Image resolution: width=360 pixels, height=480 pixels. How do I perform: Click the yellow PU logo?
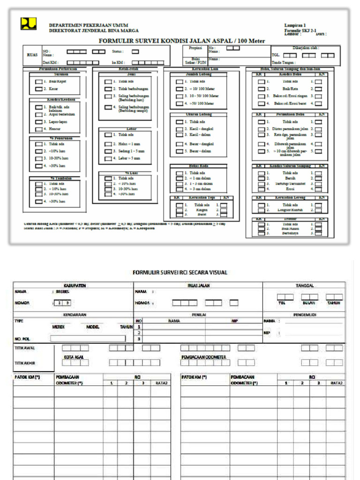(28, 23)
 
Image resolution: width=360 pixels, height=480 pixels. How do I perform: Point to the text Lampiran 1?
(295, 25)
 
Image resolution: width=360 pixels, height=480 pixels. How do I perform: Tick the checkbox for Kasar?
(39, 88)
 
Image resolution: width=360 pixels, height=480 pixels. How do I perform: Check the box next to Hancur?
(39, 128)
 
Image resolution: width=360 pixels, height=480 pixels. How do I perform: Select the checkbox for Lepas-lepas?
(39, 121)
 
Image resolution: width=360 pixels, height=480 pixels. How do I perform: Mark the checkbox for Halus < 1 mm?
(108, 144)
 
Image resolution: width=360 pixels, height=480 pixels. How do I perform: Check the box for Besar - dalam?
(180, 151)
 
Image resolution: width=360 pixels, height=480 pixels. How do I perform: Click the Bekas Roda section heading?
(198, 166)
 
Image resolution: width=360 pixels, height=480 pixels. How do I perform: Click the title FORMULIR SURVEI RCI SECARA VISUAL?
(180, 272)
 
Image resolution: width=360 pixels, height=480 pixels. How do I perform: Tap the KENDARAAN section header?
(73, 315)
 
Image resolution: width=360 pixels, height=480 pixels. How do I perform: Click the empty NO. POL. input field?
(88, 338)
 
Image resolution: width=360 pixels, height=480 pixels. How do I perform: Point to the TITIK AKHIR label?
(25, 363)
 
